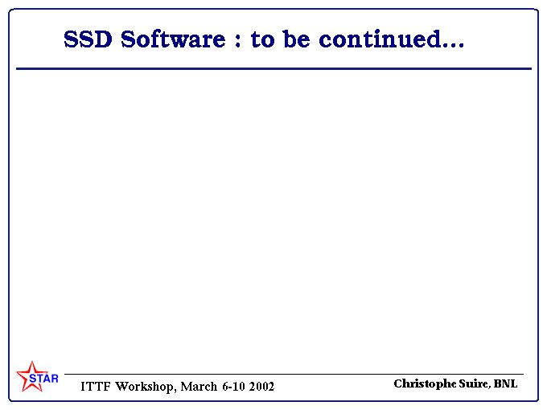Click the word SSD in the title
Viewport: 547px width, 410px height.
click(x=88, y=39)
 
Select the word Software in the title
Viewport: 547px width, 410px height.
click(x=173, y=39)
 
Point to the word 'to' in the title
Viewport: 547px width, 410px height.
click(x=263, y=39)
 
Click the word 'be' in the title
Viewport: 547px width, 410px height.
click(x=296, y=39)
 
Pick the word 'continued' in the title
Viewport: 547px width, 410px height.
click(x=380, y=39)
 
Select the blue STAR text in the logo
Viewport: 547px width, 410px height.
click(x=43, y=379)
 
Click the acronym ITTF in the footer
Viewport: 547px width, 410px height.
click(x=95, y=387)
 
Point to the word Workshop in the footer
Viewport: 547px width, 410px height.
click(x=144, y=387)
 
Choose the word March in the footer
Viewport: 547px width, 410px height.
click(x=199, y=387)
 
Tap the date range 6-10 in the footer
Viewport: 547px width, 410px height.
click(x=233, y=387)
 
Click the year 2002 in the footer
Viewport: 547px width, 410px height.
click(x=261, y=387)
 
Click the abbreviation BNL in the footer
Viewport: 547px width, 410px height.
click(x=505, y=383)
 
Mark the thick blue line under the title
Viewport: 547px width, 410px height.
click(x=273, y=68)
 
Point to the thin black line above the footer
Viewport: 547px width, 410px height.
click(x=294, y=374)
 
